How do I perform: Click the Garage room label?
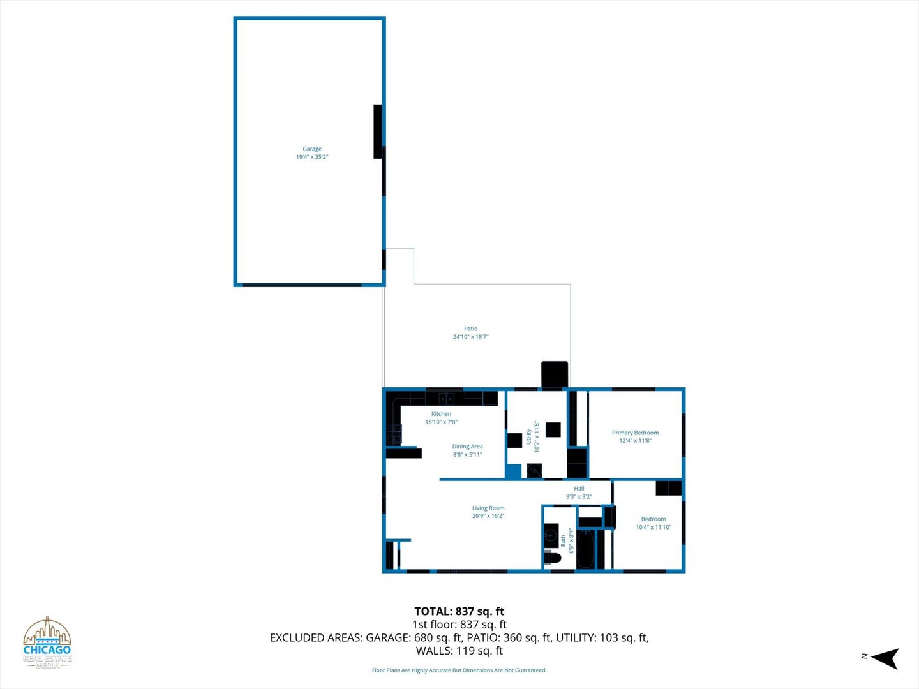[x=311, y=149]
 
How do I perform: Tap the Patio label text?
[x=470, y=329]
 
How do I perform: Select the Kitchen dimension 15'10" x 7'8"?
[x=441, y=422]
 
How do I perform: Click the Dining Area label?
[x=467, y=447]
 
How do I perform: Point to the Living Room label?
[x=488, y=508]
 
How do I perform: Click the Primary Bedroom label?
[x=635, y=433]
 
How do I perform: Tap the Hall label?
[x=579, y=489]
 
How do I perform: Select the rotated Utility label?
[x=529, y=436]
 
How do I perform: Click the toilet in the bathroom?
[x=553, y=558]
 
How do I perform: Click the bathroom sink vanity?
[x=551, y=534]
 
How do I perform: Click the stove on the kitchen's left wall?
[x=393, y=434]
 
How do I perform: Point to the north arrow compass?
[x=883, y=658]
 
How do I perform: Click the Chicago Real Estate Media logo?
[x=47, y=643]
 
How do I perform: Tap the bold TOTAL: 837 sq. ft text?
[x=459, y=611]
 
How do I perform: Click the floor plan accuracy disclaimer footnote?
[x=459, y=670]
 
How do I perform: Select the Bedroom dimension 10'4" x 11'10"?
[x=653, y=527]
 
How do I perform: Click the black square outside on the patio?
[x=554, y=374]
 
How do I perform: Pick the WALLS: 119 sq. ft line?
[x=459, y=651]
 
